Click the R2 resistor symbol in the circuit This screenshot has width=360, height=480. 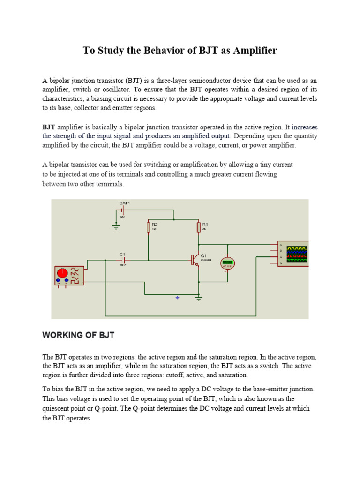(x=149, y=227)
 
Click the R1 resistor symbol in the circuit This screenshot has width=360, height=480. (x=199, y=227)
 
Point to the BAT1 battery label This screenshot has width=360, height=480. (x=125, y=202)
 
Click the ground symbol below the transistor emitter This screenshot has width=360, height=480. (x=199, y=298)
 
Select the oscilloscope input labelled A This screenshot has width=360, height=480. (x=280, y=245)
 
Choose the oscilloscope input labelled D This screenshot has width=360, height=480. (x=280, y=263)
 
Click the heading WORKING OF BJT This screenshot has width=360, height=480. (x=78, y=335)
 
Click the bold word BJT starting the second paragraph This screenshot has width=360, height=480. (x=49, y=127)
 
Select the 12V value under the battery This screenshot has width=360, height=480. (x=122, y=217)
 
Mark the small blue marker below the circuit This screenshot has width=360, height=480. (x=177, y=298)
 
